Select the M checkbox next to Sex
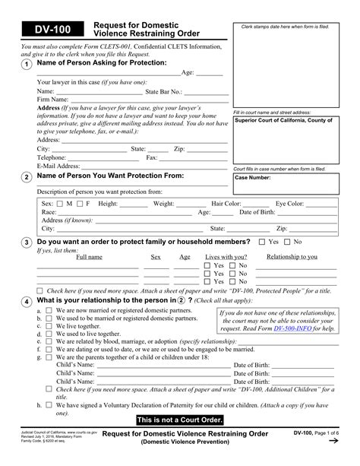click(x=60, y=204)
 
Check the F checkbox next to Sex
click(x=79, y=204)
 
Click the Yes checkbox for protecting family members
click(x=263, y=242)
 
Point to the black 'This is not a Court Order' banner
click(x=180, y=420)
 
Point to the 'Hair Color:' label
click(x=226, y=204)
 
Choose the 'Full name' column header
click(x=89, y=257)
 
